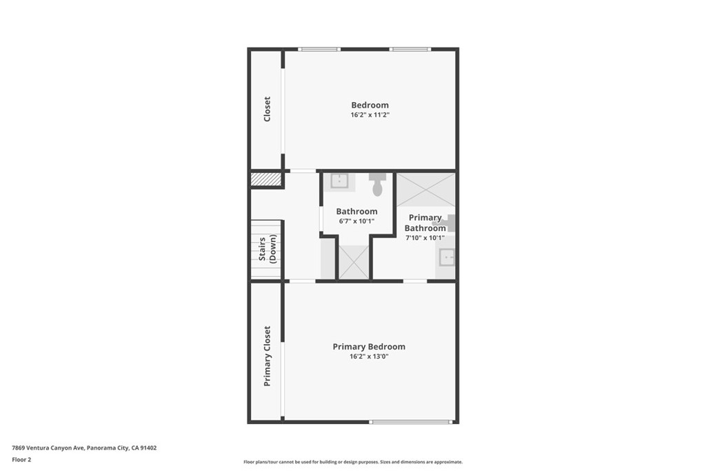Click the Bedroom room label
point(370,105)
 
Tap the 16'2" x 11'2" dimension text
point(370,115)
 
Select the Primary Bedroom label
point(369,347)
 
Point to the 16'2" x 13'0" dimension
point(369,357)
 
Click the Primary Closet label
point(267,356)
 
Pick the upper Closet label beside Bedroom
point(267,109)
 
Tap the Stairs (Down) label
point(267,248)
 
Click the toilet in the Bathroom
point(377,185)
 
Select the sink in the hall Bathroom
point(339,181)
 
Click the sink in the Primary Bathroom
point(447,257)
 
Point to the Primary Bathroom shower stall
point(425,190)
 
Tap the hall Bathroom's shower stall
point(354,262)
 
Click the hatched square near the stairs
point(266,179)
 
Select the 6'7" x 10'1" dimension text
point(356,221)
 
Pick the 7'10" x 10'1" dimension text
point(425,238)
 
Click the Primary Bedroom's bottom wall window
point(411,422)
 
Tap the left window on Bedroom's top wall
point(319,49)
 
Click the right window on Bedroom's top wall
point(410,49)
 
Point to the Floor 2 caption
point(21,460)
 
